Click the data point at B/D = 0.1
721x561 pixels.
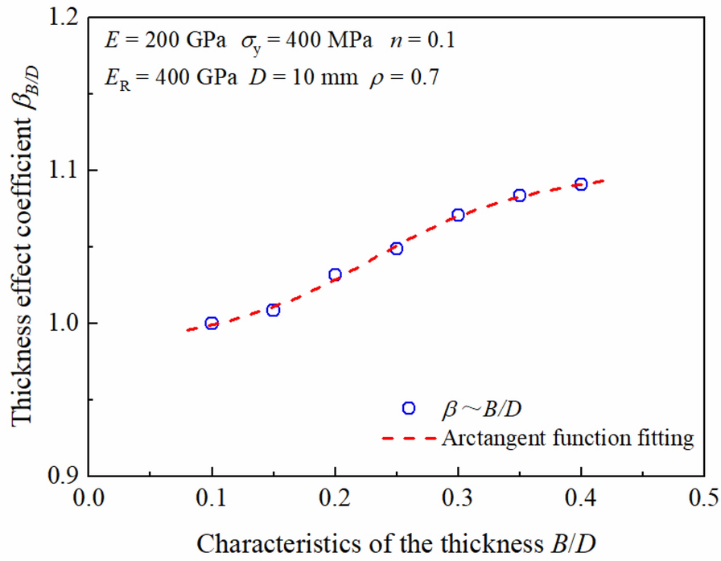coord(212,324)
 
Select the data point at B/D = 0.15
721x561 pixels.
coord(274,310)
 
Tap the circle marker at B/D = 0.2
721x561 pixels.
coord(335,274)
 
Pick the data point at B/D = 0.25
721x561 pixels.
coord(397,249)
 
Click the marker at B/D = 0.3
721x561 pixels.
coord(458,215)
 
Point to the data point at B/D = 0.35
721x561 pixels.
coord(520,196)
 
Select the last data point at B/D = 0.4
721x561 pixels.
coord(581,184)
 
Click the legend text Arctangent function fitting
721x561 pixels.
coord(567,439)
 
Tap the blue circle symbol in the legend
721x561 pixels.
coord(409,408)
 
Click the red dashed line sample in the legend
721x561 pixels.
coord(409,439)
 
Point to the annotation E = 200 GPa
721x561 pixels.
coord(156,39)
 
